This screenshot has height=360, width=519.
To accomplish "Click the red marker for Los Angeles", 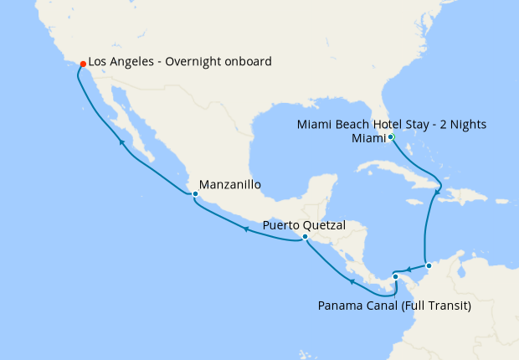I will tap(81, 64).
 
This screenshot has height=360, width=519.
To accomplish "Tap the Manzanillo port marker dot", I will tap(195, 194).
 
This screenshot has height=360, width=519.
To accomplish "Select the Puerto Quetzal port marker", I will tap(305, 237).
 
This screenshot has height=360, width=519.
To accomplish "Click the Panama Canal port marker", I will tap(395, 276).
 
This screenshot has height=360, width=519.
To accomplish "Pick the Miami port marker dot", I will tap(391, 136).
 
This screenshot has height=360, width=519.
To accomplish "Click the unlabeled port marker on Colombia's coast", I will tap(429, 266).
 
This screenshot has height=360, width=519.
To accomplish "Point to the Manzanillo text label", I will tap(230, 184).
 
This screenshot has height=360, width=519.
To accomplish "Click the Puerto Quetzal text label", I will tap(304, 224).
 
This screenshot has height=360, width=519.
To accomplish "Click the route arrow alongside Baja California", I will tap(121, 143).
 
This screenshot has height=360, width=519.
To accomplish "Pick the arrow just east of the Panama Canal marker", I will tap(407, 270).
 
